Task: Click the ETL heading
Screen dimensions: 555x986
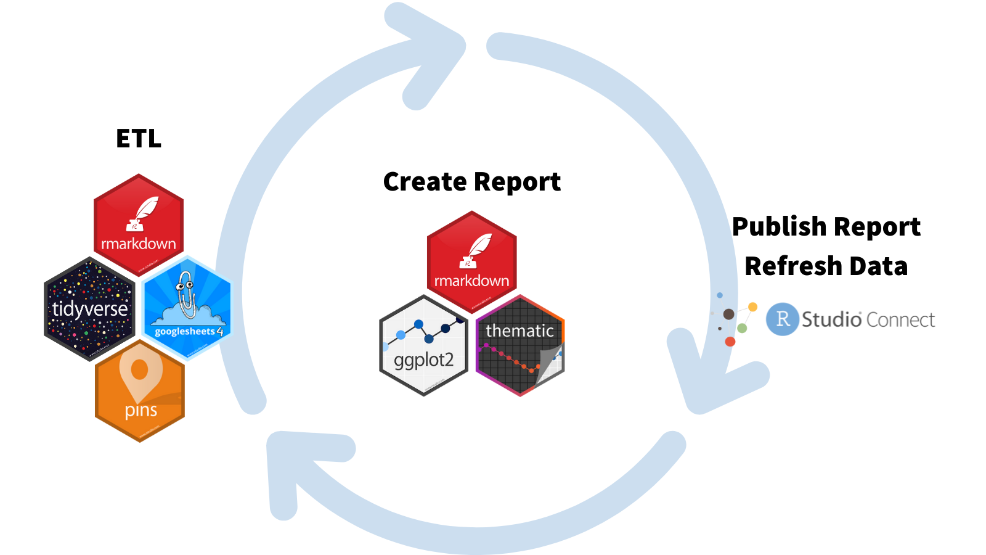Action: click(139, 139)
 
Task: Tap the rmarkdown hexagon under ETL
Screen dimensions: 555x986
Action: click(139, 225)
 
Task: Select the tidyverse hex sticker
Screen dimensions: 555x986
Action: click(90, 309)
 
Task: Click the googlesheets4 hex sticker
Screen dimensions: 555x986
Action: click(187, 308)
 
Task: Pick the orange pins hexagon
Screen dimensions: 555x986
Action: click(140, 392)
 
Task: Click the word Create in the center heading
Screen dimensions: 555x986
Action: click(425, 182)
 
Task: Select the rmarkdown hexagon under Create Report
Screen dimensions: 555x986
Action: click(471, 262)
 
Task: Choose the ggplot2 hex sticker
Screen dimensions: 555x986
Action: click(424, 346)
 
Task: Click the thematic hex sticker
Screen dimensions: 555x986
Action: click(520, 346)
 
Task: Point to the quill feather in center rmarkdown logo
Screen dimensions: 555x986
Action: click(479, 247)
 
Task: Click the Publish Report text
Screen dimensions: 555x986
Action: click(826, 227)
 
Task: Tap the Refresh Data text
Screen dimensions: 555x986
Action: click(826, 266)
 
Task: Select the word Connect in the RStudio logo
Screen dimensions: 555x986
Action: click(900, 319)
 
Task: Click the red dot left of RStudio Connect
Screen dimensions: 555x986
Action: click(730, 341)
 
